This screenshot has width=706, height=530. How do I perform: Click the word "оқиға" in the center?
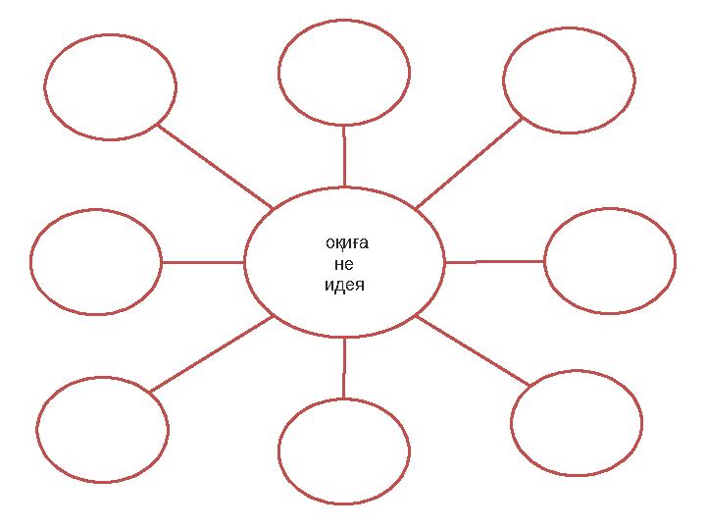tap(347, 243)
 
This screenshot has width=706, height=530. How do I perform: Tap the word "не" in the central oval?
tap(343, 264)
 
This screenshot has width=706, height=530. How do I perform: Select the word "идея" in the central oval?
tap(344, 286)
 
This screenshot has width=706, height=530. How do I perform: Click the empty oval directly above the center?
tap(344, 73)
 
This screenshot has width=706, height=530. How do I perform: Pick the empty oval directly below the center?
tap(344, 451)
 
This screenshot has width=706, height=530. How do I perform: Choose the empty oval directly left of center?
tap(96, 261)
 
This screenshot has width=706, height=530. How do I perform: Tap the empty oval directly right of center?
tap(610, 260)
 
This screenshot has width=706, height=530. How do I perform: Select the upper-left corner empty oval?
tap(110, 87)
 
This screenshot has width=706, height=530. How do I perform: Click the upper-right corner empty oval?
tap(569, 80)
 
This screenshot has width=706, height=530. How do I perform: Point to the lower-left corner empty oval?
tap(103, 430)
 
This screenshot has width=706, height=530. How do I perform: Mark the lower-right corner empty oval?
tap(577, 423)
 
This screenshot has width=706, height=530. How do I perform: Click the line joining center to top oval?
tap(344, 156)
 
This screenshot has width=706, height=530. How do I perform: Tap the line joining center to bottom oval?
tap(344, 368)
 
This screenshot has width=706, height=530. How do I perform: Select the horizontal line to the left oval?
tap(203, 262)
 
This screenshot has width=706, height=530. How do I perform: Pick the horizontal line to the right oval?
tap(494, 261)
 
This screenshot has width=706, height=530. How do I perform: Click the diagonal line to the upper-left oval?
tap(215, 166)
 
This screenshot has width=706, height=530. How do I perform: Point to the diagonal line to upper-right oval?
tap(469, 163)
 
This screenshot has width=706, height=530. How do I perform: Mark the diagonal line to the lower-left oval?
tap(212, 354)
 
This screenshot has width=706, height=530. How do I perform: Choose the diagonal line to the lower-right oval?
tap(473, 350)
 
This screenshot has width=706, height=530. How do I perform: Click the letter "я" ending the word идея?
tap(359, 286)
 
